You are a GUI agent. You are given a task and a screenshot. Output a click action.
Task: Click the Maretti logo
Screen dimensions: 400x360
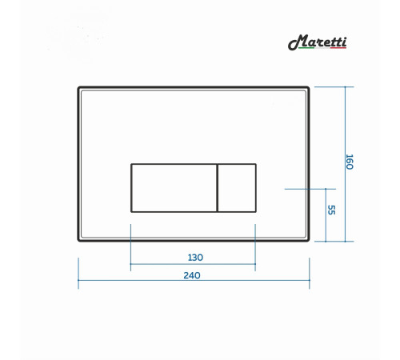point(317,42)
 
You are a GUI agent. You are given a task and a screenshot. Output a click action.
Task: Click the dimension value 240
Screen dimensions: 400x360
point(192,275)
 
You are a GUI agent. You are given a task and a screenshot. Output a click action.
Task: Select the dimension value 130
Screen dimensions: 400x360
point(195,258)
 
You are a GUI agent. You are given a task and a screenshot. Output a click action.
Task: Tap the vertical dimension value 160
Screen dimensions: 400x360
point(350,162)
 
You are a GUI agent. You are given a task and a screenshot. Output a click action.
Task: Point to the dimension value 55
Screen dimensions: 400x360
point(331,210)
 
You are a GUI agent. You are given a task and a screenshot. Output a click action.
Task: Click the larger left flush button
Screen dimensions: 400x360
point(174,188)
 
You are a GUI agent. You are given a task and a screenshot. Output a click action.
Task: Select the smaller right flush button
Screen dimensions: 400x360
point(237,188)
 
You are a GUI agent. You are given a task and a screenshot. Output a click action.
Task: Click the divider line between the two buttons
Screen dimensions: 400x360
point(218,188)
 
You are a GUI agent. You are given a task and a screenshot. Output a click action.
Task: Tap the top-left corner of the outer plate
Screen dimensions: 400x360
point(78,87)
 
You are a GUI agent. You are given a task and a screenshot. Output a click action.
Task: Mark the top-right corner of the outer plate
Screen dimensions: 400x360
point(309,87)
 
